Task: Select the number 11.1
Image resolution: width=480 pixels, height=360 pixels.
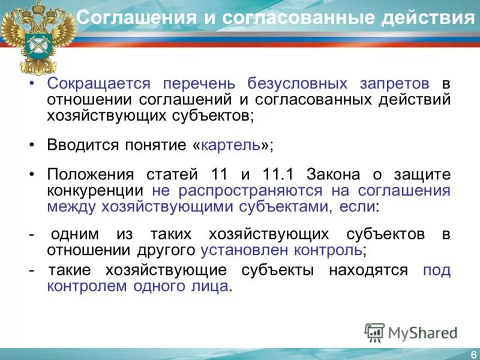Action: click(278, 175)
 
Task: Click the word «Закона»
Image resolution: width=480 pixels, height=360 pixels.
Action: click(334, 175)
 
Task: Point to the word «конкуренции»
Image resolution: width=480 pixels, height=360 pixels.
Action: click(95, 191)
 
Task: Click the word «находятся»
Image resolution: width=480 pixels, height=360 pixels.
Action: click(368, 271)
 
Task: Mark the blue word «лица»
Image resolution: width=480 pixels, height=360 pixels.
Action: click(214, 286)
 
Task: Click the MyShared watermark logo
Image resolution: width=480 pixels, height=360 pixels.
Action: click(412, 331)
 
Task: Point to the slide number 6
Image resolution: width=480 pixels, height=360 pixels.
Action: click(473, 353)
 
